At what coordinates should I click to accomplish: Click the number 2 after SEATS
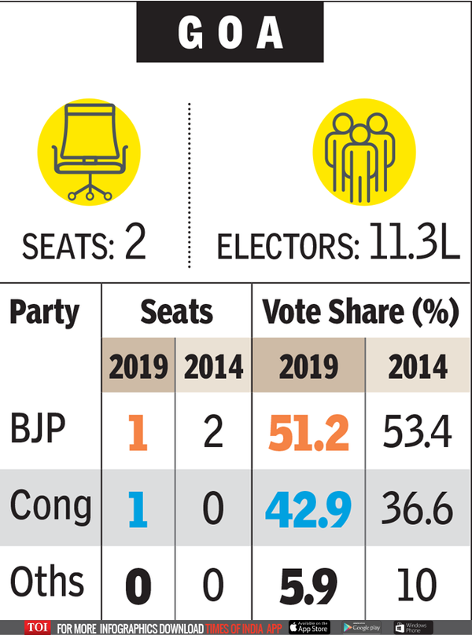click(x=136, y=246)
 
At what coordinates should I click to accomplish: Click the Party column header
click(x=45, y=312)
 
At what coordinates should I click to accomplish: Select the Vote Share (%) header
click(x=360, y=312)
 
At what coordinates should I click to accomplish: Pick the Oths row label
click(x=47, y=582)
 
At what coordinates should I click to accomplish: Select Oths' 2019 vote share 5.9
click(x=308, y=584)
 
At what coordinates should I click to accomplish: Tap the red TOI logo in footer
click(x=36, y=627)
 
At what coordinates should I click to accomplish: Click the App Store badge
click(x=309, y=627)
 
